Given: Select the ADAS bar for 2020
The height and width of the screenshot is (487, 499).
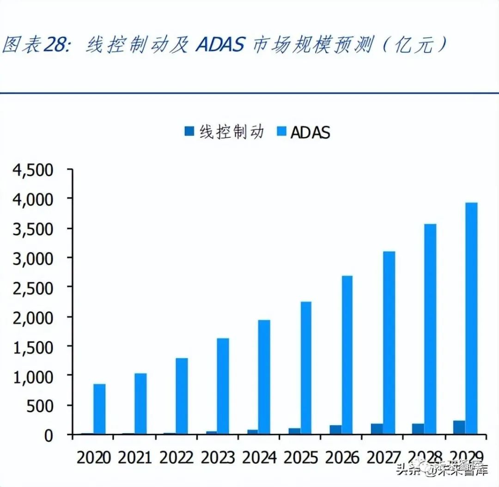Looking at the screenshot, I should tap(99, 409).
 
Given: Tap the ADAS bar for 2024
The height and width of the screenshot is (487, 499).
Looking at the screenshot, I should tap(264, 377).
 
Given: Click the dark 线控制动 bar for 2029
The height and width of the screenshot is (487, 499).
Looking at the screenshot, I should tap(459, 427).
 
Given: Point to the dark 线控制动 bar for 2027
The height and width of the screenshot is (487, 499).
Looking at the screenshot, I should tap(377, 428).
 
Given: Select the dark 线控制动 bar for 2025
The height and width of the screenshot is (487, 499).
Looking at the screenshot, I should tap(294, 431).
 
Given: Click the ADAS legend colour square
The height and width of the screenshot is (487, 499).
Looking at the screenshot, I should tap(282, 132).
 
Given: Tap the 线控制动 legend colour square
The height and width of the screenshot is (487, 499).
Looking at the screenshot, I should tap(189, 132).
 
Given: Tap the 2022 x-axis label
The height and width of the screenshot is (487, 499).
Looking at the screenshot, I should tap(176, 458).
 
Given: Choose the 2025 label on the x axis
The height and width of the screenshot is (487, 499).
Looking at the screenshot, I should tap(300, 458).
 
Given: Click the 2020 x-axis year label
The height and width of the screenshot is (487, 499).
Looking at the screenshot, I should tap(94, 458).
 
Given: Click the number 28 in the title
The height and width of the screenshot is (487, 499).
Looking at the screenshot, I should tap(56, 45).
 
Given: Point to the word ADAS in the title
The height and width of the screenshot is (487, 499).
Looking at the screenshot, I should tap(220, 45).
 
